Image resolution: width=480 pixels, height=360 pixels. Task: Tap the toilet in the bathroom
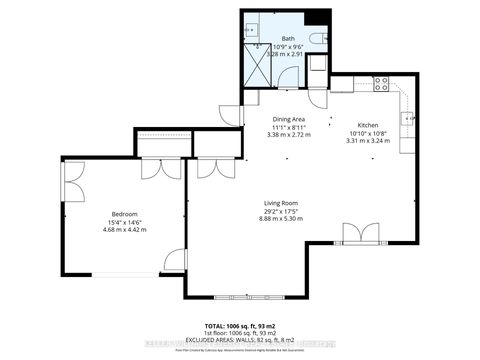tap(315, 39)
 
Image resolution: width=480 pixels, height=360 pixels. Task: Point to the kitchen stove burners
tap(381, 85)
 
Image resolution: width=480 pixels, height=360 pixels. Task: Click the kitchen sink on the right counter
tap(408, 119)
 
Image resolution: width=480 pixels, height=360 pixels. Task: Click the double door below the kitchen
tap(358, 234)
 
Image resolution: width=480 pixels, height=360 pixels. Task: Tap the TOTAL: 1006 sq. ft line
tap(240, 327)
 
